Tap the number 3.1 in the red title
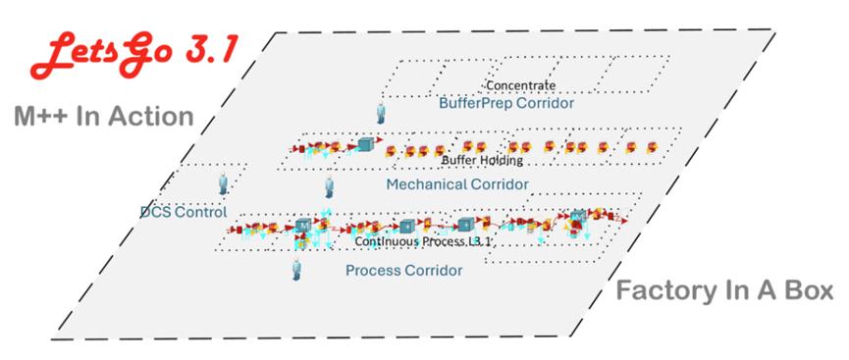pos(209,50)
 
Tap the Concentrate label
pos(520,85)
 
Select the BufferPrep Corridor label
pos(506,102)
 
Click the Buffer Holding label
pos(483,160)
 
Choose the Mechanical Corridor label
pos(457,184)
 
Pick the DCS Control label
pos(184,212)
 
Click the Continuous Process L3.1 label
pos(422,241)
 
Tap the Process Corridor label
pos(404,270)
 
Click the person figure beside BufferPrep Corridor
pos(381,112)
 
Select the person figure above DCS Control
pos(223,183)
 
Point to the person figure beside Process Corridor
pos(296,269)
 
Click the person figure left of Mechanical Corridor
pos(329,187)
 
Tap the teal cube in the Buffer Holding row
pos(366,144)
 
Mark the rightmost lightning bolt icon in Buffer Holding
pos(652,147)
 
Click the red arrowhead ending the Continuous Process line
pos(624,221)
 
